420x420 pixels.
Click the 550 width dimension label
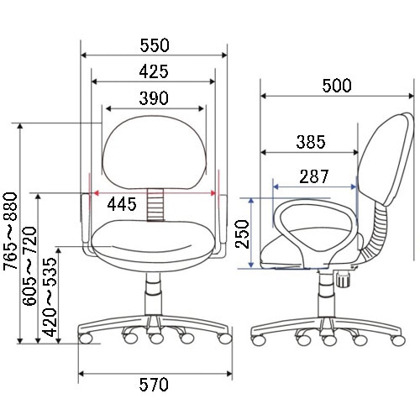coord(155,45)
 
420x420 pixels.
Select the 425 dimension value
coord(154,71)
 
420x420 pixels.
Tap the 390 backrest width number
coord(154,98)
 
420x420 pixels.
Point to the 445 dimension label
coord(122,204)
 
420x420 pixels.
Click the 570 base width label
coord(154,385)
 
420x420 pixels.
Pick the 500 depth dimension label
coord(337,86)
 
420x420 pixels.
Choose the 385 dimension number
coord(311,142)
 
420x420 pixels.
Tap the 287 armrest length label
coord(314,176)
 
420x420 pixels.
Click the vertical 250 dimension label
coord(242,234)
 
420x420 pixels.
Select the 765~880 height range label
coord(10,231)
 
